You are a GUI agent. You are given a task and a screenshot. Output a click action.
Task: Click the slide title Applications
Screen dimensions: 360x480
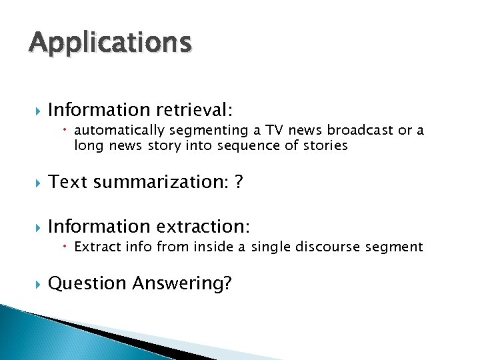coord(110,43)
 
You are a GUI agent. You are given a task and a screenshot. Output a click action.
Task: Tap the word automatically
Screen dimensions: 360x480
coord(119,130)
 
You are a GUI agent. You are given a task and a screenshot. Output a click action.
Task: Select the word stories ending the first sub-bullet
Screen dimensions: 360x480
coord(325,145)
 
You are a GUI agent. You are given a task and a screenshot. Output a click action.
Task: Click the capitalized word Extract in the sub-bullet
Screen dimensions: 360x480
coord(96,247)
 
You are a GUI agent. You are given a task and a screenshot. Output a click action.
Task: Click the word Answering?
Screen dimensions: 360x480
coord(182,284)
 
